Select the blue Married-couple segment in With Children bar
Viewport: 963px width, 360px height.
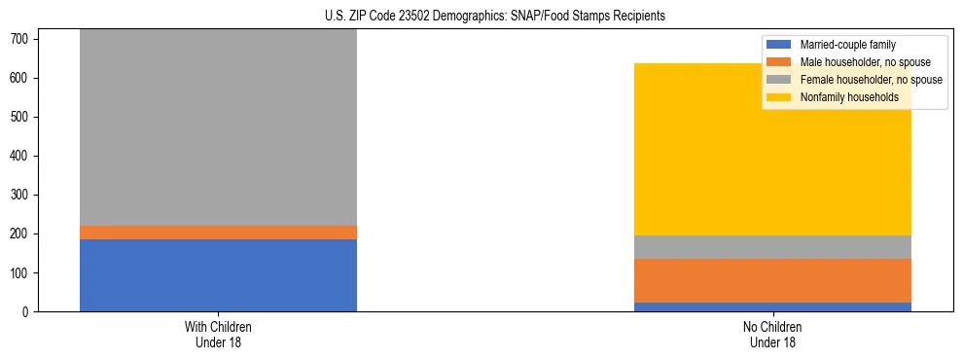pyautogui.click(x=218, y=275)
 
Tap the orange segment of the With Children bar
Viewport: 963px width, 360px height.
pyautogui.click(x=218, y=233)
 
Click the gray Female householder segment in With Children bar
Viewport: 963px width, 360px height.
pyautogui.click(x=218, y=126)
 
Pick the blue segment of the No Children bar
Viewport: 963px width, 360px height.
pyautogui.click(x=772, y=306)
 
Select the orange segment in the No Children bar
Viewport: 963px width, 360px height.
pyautogui.click(x=772, y=280)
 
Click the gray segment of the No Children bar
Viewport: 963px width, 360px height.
pyautogui.click(x=772, y=247)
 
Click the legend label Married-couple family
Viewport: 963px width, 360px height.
pyautogui.click(x=847, y=45)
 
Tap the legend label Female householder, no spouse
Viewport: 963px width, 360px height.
pyautogui.click(x=871, y=80)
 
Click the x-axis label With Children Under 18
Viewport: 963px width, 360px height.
pyautogui.click(x=218, y=334)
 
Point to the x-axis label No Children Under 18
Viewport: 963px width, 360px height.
pyautogui.click(x=772, y=334)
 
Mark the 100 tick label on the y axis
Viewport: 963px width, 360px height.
pyautogui.click(x=23, y=273)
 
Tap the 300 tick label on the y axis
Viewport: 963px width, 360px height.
pyautogui.click(x=23, y=196)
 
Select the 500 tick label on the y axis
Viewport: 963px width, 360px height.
pyautogui.click(x=23, y=117)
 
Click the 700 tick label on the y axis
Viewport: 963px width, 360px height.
pyautogui.click(x=23, y=39)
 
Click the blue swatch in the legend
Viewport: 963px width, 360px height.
pyautogui.click(x=780, y=45)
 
